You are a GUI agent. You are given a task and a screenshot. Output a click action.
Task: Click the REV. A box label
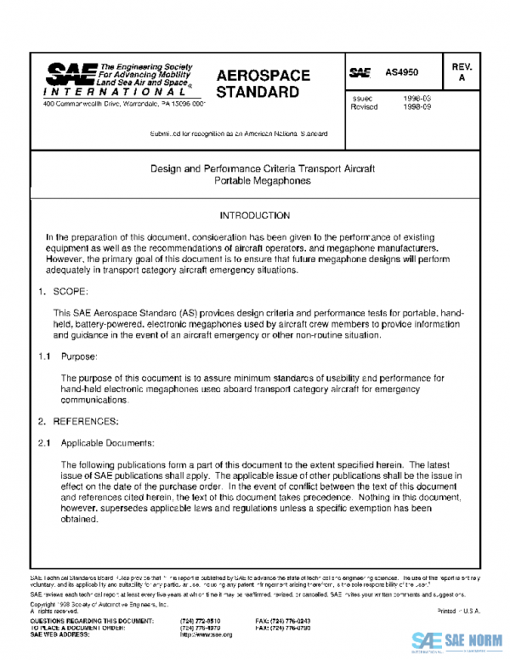462,71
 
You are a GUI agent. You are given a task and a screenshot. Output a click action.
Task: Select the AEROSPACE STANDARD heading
263,83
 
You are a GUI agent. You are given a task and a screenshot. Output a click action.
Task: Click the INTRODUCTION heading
254,216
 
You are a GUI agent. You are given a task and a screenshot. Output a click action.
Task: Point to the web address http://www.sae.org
201,634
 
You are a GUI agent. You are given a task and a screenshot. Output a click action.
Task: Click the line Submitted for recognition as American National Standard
239,134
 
